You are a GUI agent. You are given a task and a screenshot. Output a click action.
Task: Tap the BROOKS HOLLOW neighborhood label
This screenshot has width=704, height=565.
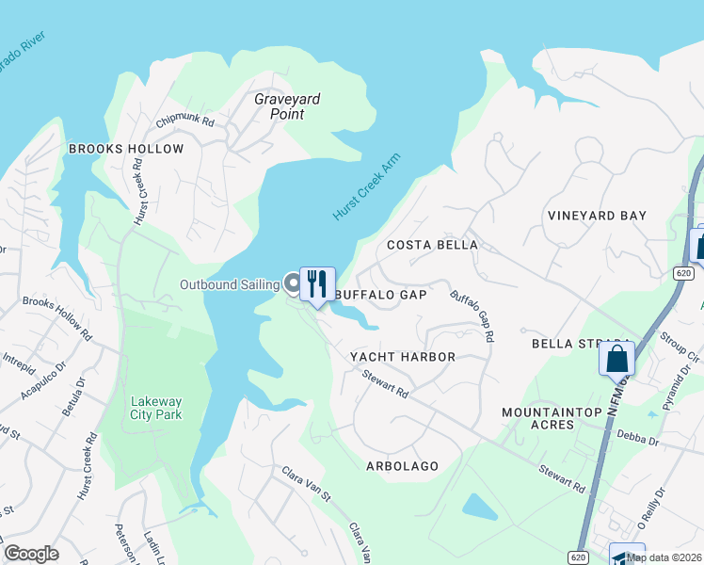126,150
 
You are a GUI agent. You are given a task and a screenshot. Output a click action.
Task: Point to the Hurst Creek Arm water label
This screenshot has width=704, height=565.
366,187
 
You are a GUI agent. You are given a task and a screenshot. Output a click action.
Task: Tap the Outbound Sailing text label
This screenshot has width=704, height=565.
230,284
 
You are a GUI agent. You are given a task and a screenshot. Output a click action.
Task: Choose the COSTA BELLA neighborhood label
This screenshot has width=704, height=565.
433,245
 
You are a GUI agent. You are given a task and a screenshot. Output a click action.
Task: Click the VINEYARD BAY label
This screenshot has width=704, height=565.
597,216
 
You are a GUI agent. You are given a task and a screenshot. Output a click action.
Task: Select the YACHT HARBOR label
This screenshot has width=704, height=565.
402,357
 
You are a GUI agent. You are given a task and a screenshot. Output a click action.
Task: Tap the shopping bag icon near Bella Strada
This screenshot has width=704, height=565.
616,358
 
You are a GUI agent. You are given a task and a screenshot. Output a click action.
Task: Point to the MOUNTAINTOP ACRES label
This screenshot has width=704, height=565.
551,419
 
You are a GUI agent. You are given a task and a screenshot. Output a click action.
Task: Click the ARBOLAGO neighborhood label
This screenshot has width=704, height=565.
402,466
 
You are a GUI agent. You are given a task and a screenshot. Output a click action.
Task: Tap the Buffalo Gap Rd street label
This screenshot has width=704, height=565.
472,316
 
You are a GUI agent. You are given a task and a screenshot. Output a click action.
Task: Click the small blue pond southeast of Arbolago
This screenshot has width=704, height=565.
479,507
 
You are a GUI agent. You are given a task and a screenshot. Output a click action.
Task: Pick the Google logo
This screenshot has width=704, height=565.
31,554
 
